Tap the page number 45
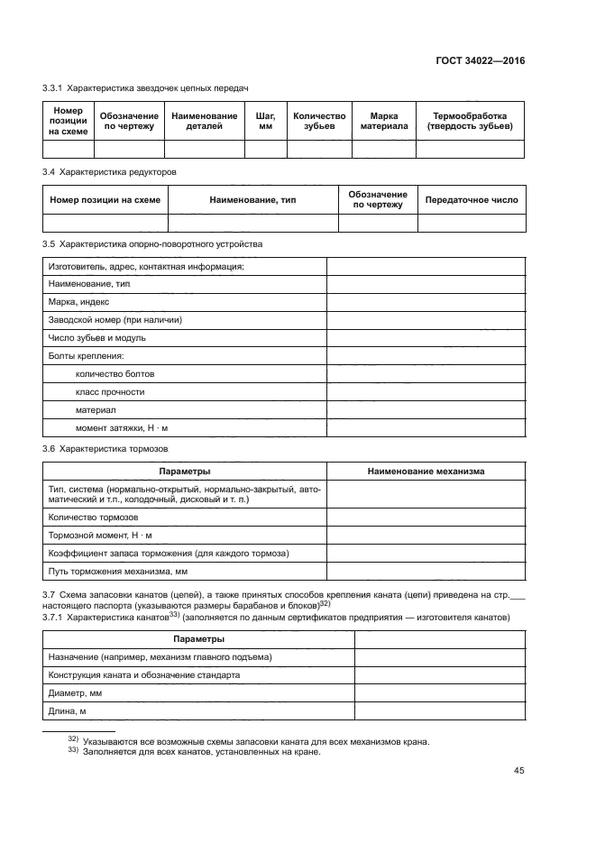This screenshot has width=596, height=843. (519, 770)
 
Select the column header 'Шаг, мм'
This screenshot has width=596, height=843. (265, 122)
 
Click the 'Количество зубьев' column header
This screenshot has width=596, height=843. (319, 122)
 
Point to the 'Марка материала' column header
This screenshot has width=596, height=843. (383, 122)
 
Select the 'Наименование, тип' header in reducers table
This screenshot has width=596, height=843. (252, 199)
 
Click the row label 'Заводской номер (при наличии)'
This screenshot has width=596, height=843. (115, 320)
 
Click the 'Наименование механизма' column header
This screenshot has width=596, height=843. (426, 471)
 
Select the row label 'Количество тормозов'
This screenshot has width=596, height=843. (93, 518)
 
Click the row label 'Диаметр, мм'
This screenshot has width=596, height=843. (74, 693)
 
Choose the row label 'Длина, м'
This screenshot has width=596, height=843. (67, 711)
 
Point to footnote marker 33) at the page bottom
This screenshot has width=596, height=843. (74, 752)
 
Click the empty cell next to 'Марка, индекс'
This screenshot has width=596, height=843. (426, 302)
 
